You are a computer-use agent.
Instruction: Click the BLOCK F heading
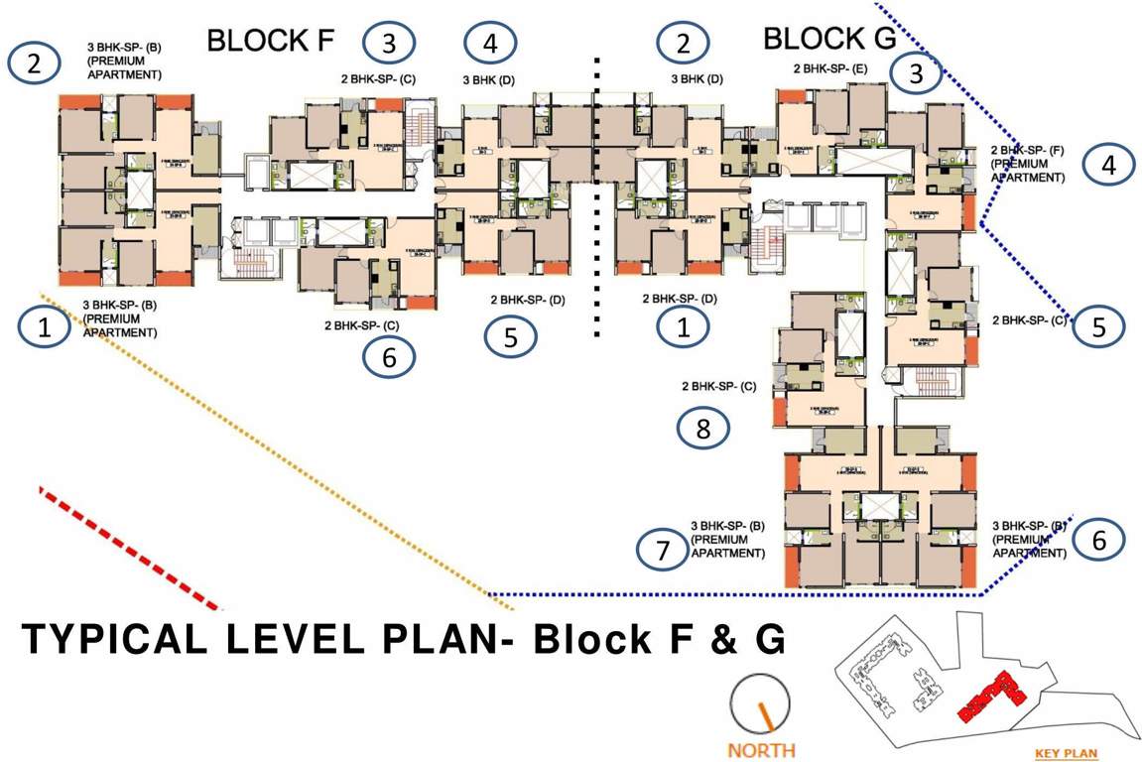tap(271, 41)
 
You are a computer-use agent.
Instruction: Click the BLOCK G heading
tap(829, 40)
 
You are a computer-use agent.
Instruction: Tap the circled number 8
tap(703, 428)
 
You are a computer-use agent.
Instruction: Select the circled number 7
tap(663, 548)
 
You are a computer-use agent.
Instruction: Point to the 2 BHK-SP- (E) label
tap(830, 69)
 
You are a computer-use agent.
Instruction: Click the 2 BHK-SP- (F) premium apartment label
tap(1028, 164)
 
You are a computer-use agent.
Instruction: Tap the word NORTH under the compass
tap(762, 749)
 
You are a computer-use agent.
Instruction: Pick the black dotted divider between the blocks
tap(596, 198)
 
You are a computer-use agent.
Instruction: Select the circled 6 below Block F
tap(389, 357)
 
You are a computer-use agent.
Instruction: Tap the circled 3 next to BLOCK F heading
tap(389, 43)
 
